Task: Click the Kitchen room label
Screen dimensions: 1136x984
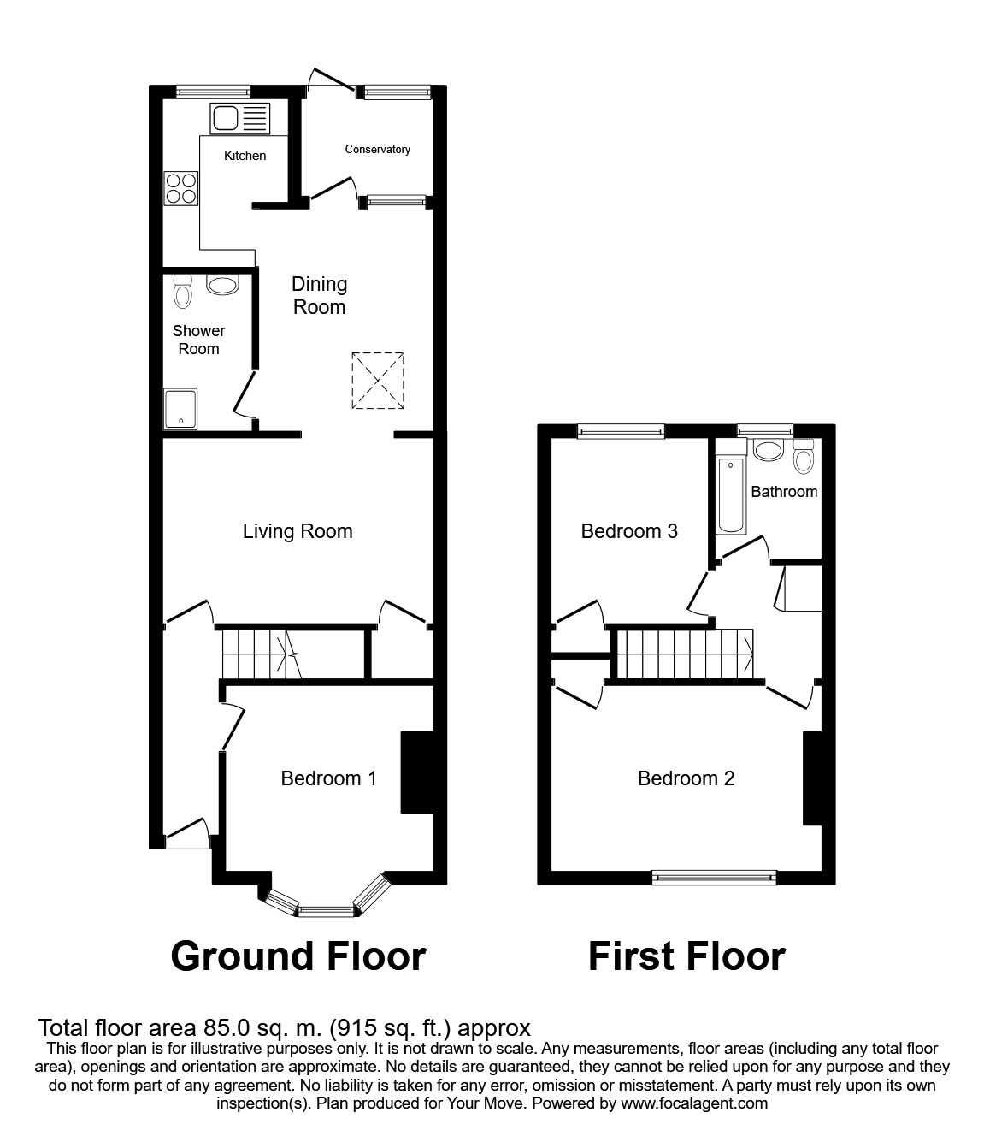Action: click(x=245, y=156)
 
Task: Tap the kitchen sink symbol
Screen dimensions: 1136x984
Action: click(x=239, y=118)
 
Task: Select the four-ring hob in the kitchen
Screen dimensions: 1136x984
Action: click(x=180, y=188)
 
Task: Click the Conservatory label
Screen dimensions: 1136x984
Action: click(x=377, y=150)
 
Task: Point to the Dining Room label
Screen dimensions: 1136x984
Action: click(x=319, y=295)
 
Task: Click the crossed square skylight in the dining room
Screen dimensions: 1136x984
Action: click(x=377, y=380)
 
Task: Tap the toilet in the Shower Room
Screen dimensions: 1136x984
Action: click(x=182, y=292)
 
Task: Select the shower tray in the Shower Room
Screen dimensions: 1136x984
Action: click(x=180, y=409)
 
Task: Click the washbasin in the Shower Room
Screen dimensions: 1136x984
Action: click(x=222, y=285)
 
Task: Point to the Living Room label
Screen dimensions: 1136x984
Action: click(x=298, y=531)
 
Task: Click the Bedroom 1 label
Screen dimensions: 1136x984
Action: click(x=328, y=778)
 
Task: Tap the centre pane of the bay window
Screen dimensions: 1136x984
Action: click(x=325, y=908)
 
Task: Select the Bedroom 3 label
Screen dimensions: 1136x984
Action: click(x=629, y=531)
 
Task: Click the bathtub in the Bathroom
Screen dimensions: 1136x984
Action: click(x=731, y=495)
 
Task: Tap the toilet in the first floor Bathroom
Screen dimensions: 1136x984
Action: click(x=802, y=458)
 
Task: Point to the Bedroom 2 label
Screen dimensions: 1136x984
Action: click(x=686, y=778)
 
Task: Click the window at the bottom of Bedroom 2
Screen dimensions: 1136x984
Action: click(x=714, y=876)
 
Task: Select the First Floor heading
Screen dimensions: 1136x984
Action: click(x=686, y=956)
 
